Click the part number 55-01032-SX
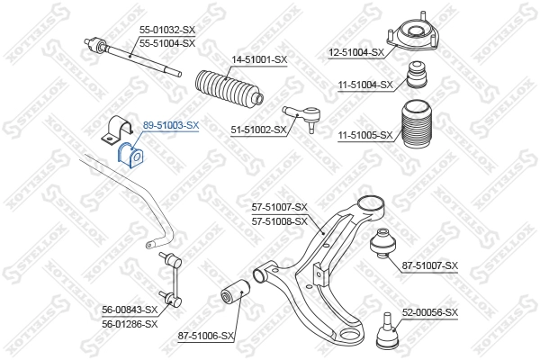click(x=166, y=31)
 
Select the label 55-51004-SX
click(x=166, y=42)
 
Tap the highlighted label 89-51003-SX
click(x=171, y=126)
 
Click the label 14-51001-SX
click(x=259, y=59)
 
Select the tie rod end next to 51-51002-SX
click(x=301, y=114)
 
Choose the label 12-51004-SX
click(x=356, y=53)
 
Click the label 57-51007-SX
click(x=280, y=207)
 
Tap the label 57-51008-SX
click(x=280, y=220)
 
